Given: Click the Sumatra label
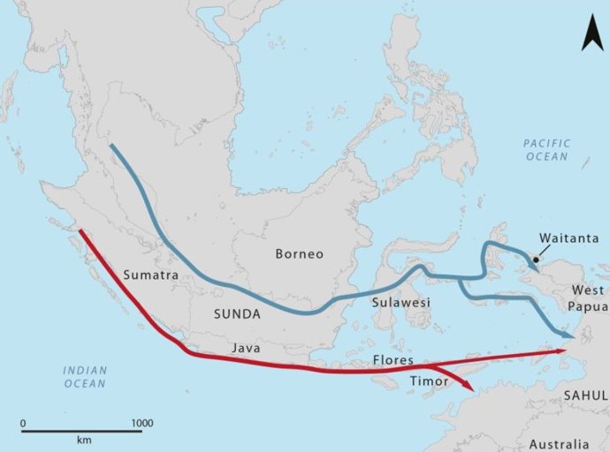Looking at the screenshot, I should pos(152,275).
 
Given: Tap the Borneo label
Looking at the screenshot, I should pos(300,254).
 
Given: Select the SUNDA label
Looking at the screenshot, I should pos(237,314).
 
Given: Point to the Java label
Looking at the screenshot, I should pos(246,349).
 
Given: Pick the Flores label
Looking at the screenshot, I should pos(393,361).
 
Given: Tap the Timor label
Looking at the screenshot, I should pos(430,381).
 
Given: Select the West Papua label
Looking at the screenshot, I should pos(589,298).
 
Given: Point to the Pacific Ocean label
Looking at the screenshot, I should pos(546,150).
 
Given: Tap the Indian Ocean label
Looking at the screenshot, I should pos(84,377).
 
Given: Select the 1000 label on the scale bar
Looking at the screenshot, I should pos(141,423).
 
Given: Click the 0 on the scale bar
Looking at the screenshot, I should pos(23,423).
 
